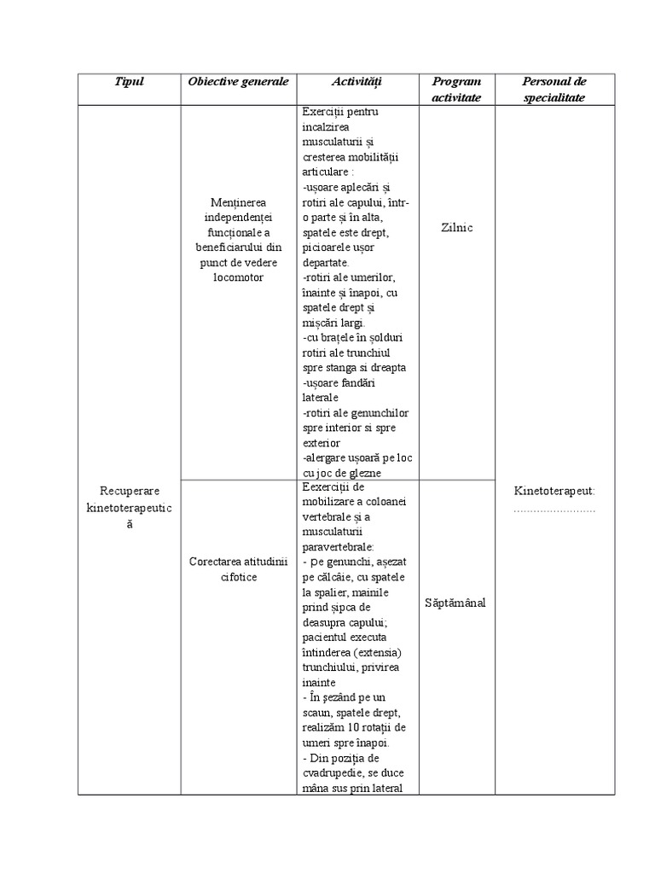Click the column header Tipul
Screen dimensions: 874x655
pos(129,82)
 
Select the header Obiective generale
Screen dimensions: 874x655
pos(238,82)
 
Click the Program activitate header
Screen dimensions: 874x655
pos(456,89)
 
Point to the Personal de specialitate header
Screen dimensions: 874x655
pos(554,89)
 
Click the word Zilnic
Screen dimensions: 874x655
pos(456,228)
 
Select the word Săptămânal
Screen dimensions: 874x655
pos(456,603)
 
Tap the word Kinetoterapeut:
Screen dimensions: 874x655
pos(554,492)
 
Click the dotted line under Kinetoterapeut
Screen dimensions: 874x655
pos(554,509)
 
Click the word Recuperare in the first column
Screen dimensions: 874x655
pos(130,492)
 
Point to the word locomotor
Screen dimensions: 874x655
pos(238,277)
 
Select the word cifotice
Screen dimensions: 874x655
pos(238,577)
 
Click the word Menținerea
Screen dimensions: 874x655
pos(238,202)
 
